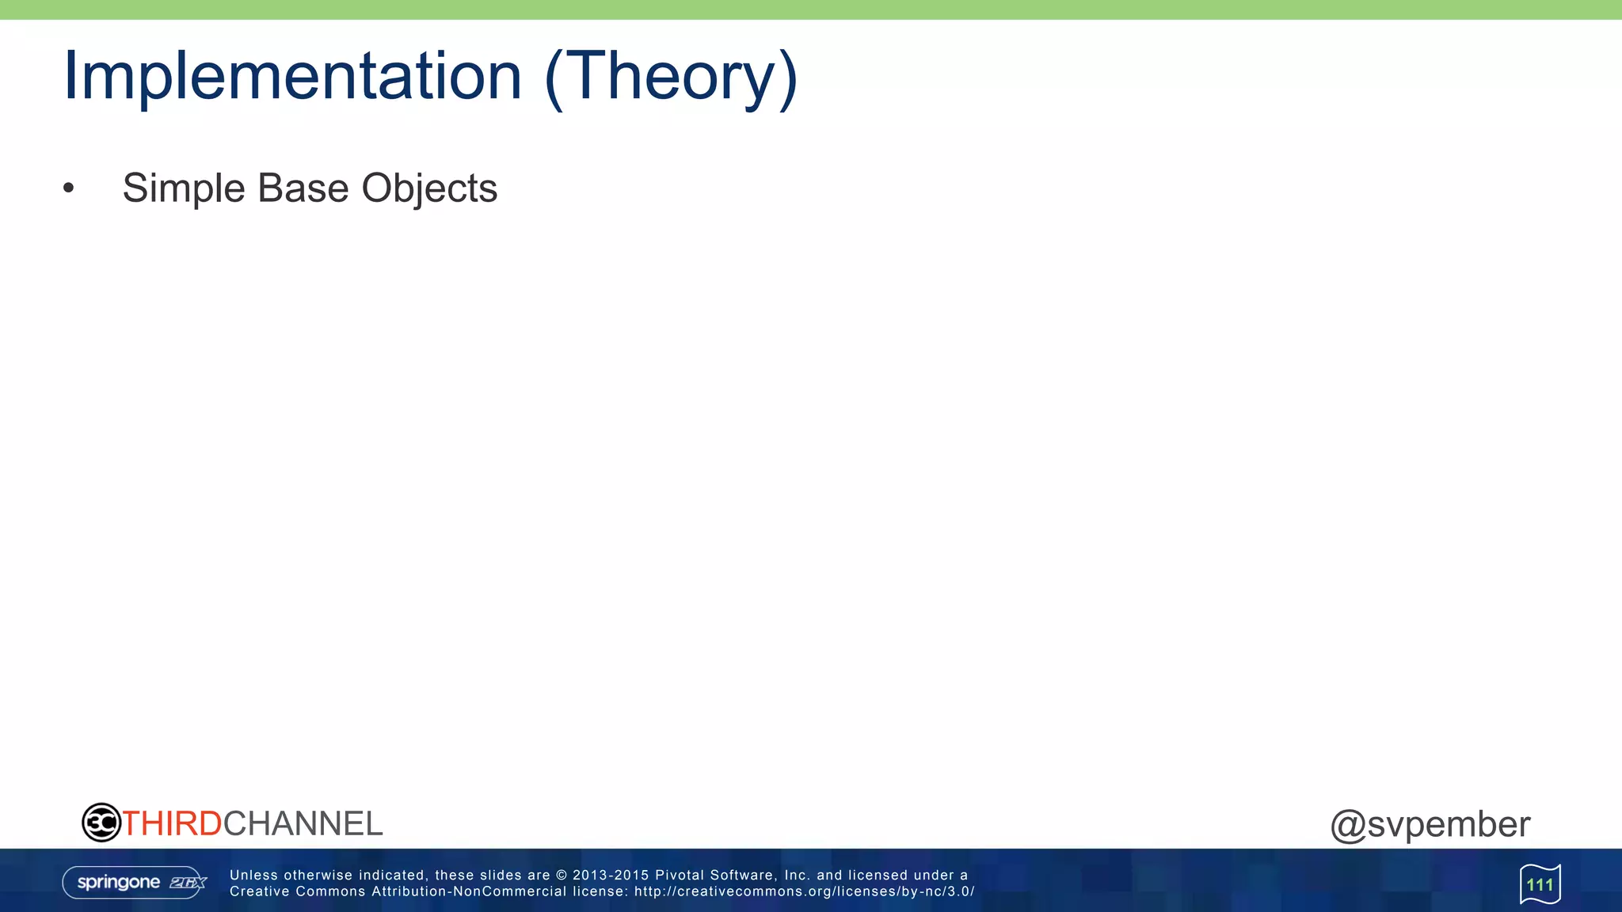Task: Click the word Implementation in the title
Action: [292, 76]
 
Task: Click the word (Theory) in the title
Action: [671, 76]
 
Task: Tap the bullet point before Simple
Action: [69, 188]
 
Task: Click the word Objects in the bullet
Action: [429, 188]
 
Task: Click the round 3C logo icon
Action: [101, 823]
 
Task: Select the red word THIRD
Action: [172, 823]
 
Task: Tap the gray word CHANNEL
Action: [303, 823]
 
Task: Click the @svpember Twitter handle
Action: [1430, 824]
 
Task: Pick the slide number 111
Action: [1540, 884]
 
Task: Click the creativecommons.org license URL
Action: [804, 891]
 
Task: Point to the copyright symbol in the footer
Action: [562, 875]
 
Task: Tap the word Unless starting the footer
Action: [253, 875]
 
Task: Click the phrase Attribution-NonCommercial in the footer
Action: [469, 891]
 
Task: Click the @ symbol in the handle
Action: [1347, 825]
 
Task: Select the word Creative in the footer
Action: [258, 891]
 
